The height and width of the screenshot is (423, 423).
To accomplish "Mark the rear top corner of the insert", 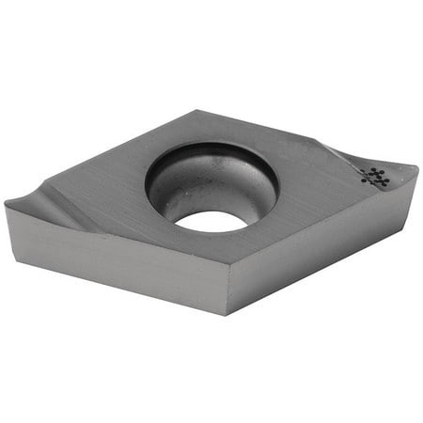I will (x=199, y=111).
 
